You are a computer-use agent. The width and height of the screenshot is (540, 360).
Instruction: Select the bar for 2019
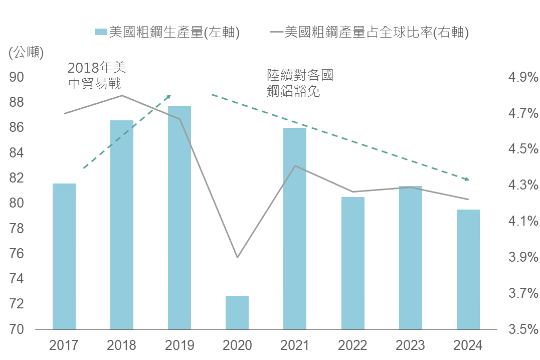[179, 218]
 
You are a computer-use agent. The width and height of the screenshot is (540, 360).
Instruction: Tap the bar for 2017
[64, 256]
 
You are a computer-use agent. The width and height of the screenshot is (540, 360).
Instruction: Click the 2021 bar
[295, 229]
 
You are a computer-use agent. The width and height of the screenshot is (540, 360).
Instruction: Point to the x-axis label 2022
[352, 345]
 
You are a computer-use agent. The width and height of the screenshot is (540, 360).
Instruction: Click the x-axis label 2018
[121, 345]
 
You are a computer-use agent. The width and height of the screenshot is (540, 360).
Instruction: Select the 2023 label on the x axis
[410, 345]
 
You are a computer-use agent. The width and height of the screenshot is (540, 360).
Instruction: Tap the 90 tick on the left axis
[17, 77]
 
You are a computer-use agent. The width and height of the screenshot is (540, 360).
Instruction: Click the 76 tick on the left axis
[17, 254]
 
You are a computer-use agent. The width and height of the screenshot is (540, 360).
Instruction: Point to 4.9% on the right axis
[523, 77]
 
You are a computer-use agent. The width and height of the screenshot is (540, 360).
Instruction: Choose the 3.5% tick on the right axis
[523, 330]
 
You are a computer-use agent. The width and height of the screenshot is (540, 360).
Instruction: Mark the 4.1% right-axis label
[523, 221]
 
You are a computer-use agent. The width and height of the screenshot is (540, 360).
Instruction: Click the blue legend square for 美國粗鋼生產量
[100, 33]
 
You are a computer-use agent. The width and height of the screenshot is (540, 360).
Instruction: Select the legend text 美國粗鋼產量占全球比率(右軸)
[376, 33]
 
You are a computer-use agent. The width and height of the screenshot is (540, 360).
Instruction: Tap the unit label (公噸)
[26, 52]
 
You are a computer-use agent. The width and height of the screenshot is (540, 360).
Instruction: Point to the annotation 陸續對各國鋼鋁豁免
[300, 84]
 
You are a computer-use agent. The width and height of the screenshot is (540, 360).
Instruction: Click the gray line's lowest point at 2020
[237, 257]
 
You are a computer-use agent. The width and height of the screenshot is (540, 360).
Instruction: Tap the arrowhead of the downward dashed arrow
[467, 178]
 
